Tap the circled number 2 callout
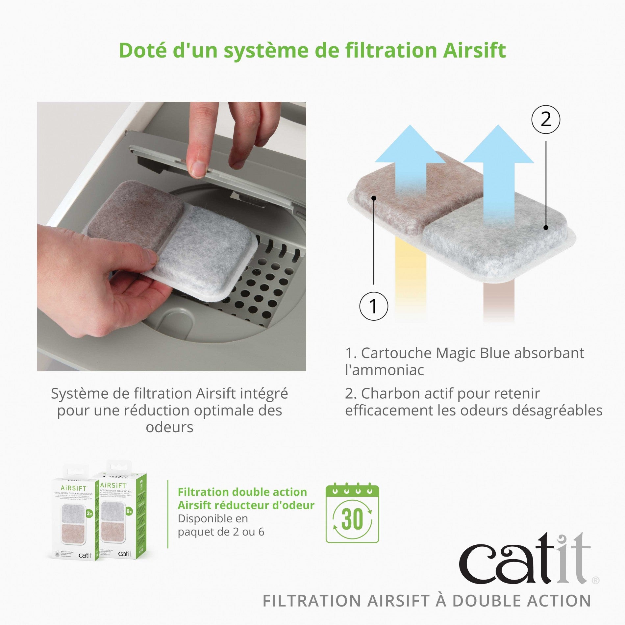(545, 119)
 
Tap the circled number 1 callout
(373, 306)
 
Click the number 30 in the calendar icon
(352, 519)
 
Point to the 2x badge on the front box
(89, 513)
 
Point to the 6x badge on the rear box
(129, 512)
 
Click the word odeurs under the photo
(169, 427)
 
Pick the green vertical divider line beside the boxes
(168, 513)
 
